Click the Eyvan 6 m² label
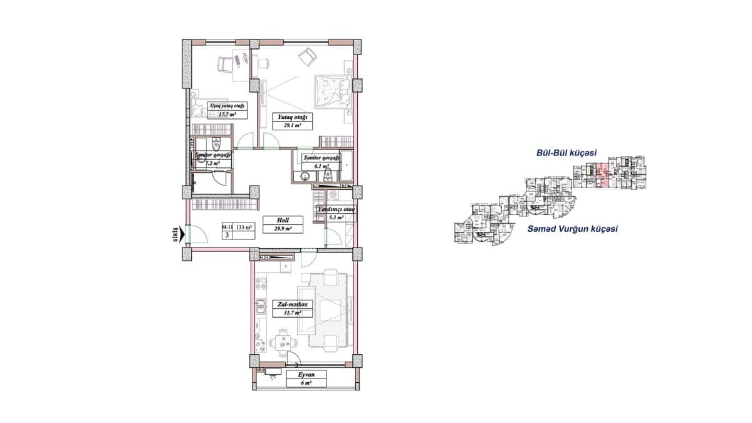click(306, 379)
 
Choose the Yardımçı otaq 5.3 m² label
click(336, 214)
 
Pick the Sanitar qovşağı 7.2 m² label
click(213, 159)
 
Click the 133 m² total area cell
click(244, 227)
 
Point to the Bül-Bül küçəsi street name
click(566, 152)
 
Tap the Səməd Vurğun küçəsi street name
click(573, 229)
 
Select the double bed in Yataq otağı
click(331, 92)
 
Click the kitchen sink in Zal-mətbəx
click(259, 307)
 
